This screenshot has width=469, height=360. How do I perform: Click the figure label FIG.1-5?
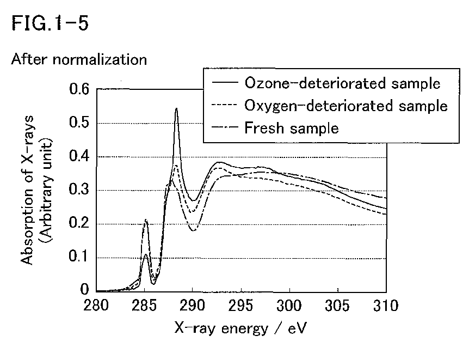pyautogui.click(x=50, y=23)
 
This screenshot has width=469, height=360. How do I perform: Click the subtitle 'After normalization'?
pyautogui.click(x=79, y=59)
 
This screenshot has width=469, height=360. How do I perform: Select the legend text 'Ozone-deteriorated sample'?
pyautogui.click(x=342, y=83)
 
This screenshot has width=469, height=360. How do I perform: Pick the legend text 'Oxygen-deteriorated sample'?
pyautogui.click(x=346, y=106)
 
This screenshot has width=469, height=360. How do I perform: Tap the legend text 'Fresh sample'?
pyautogui.click(x=292, y=128)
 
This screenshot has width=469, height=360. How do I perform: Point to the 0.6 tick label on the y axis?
pyautogui.click(x=79, y=89)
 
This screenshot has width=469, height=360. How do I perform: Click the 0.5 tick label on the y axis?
pyautogui.click(x=79, y=123)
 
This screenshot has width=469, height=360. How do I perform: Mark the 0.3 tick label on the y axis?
pyautogui.click(x=79, y=190)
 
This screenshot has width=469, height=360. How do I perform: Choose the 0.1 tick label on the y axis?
pyautogui.click(x=79, y=257)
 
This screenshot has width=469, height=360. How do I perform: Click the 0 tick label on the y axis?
pyautogui.click(x=85, y=289)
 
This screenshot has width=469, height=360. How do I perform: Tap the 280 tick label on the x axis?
pyautogui.click(x=96, y=306)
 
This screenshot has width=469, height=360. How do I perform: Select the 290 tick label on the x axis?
pyautogui.click(x=192, y=306)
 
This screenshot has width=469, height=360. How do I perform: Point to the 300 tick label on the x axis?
pyautogui.click(x=289, y=306)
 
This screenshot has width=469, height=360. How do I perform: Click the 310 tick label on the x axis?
pyautogui.click(x=386, y=306)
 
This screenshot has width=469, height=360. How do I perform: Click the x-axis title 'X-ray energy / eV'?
pyautogui.click(x=240, y=328)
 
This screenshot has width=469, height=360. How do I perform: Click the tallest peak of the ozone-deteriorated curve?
pyautogui.click(x=176, y=108)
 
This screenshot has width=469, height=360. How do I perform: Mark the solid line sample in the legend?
pyautogui.click(x=225, y=82)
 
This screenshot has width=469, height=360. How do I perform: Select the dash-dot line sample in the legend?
pyautogui.click(x=225, y=127)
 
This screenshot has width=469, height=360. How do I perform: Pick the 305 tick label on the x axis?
pyautogui.click(x=337, y=306)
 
